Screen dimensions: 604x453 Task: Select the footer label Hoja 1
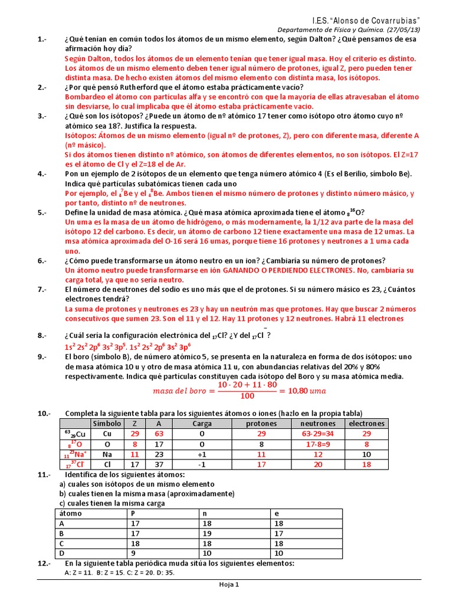[226, 585]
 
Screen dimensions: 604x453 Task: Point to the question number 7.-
[42, 289]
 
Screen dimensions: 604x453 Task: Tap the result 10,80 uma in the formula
[307, 390]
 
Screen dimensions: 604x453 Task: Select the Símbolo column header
[107, 424]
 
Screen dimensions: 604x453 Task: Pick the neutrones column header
[318, 424]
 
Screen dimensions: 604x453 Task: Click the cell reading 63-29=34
[318, 434]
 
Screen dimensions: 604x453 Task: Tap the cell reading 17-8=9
[318, 444]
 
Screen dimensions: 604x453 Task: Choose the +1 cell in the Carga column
[202, 455]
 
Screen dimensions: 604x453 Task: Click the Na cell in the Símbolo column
[107, 455]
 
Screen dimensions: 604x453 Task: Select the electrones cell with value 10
[366, 455]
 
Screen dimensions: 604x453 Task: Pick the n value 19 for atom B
[203, 533]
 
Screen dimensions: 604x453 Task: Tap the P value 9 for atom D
[133, 553]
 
